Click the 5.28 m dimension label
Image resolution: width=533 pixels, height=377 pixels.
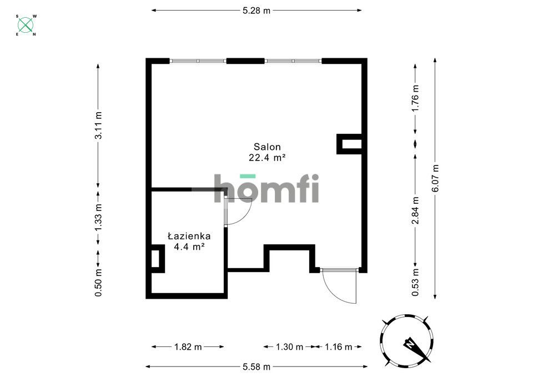256,11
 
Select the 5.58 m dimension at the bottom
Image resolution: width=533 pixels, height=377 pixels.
256,366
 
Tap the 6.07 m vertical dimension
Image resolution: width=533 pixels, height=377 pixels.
436,178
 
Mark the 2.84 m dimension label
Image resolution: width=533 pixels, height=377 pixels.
415,210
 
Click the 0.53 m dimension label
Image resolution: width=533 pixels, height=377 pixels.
415,283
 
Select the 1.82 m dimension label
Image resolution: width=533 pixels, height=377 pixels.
188,347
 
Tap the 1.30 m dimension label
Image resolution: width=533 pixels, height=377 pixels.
290,347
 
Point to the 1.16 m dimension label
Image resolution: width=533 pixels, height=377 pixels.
339,347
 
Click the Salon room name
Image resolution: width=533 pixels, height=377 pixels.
267,147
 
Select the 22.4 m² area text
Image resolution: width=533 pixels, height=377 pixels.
267,158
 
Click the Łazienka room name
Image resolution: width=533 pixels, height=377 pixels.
189,236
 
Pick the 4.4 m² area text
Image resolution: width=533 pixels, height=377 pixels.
189,247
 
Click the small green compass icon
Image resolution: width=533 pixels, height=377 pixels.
26,25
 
